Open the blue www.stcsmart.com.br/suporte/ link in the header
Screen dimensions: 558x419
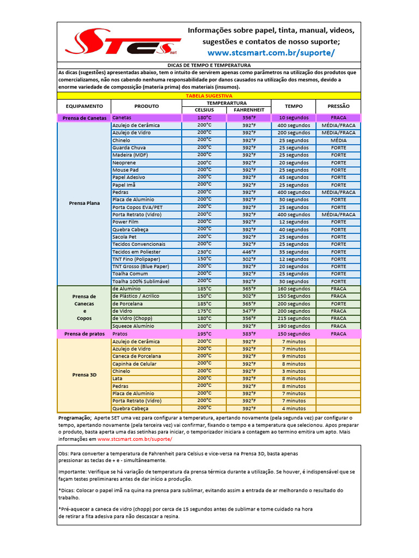pos(271,53)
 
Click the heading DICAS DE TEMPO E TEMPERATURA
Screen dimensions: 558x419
pos(209,65)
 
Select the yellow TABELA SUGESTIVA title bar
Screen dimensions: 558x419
pos(209,95)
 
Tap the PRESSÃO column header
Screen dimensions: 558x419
pos(338,106)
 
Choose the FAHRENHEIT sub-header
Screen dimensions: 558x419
pos(249,110)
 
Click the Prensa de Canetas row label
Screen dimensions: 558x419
pos(85,118)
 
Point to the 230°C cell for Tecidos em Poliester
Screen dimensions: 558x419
pos(205,252)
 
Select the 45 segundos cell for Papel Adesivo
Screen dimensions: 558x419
pos(294,178)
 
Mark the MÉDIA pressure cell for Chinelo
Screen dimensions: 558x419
pos(338,140)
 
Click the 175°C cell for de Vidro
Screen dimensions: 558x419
pos(205,311)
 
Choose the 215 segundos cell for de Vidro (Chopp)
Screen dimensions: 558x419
pos(294,318)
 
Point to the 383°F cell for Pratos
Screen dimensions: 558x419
pos(249,333)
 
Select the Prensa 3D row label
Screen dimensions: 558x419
pos(85,375)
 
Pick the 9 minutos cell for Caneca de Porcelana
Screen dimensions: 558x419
pos(294,356)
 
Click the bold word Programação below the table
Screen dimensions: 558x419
pos(75,417)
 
